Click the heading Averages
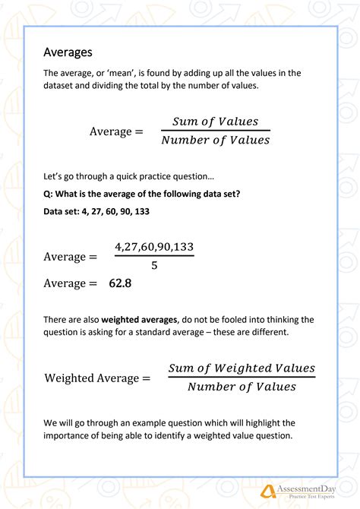click(x=68, y=52)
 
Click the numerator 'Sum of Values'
click(x=215, y=122)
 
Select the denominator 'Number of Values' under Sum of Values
click(x=215, y=140)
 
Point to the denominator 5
click(x=154, y=266)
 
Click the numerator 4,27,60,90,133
click(x=154, y=247)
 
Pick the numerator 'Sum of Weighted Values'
click(x=242, y=368)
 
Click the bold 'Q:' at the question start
click(x=49, y=193)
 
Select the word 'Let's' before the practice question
click(x=55, y=175)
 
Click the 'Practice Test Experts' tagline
click(x=311, y=497)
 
